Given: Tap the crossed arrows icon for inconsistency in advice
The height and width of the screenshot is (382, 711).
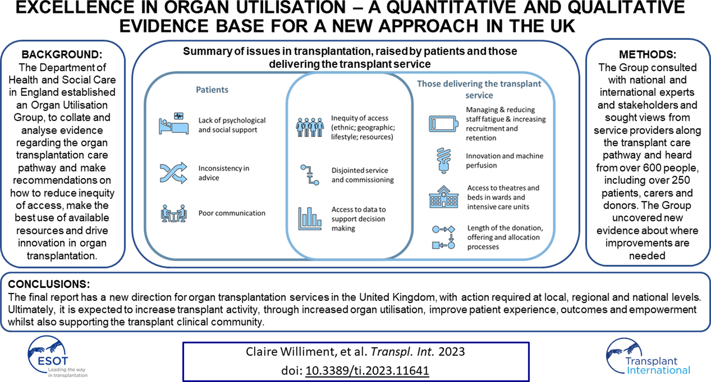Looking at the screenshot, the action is click(173, 173).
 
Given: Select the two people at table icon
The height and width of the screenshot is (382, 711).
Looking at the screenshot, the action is click(174, 213).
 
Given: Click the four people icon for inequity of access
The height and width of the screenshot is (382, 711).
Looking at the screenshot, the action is click(310, 127).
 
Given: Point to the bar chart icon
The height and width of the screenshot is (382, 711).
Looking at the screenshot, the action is click(310, 218).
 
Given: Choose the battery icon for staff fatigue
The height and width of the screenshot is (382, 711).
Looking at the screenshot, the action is click(443, 124).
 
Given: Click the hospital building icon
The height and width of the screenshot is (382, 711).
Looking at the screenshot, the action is click(443, 197).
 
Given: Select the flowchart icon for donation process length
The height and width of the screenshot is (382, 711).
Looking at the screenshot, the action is click(443, 237).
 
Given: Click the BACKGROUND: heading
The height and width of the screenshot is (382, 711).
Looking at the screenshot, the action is click(62, 55).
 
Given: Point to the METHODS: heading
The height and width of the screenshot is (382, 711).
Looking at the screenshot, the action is click(647, 55).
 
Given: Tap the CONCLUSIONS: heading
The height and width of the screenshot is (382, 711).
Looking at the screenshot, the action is click(49, 284).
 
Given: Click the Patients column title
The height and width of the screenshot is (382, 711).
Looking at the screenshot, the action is click(212, 90).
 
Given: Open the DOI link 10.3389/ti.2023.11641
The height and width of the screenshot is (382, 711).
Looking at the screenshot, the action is click(367, 370).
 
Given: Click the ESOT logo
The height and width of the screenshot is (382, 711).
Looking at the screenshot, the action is click(56, 357).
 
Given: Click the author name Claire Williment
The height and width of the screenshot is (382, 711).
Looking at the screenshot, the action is click(291, 352).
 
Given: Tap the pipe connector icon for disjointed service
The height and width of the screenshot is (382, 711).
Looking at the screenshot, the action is click(310, 175).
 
